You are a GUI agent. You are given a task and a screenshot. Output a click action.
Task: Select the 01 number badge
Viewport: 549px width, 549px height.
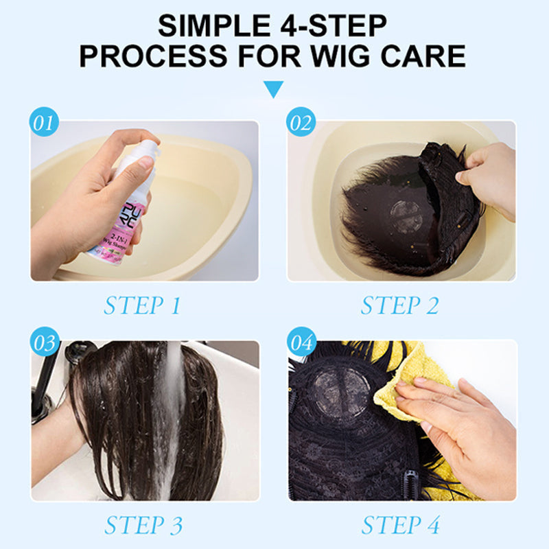[x=44, y=123]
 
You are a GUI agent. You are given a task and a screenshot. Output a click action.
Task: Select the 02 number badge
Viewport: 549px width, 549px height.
[x=301, y=123]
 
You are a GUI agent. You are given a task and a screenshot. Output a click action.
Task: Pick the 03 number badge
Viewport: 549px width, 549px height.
[x=44, y=342]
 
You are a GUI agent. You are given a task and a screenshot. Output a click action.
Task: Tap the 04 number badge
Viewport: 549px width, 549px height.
[x=301, y=342]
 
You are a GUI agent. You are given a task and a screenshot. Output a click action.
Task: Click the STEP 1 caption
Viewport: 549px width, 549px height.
[x=142, y=305]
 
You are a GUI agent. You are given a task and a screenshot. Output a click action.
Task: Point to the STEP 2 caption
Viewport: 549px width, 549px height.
[x=399, y=305]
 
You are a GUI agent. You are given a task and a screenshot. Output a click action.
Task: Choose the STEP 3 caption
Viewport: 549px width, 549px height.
[x=142, y=525]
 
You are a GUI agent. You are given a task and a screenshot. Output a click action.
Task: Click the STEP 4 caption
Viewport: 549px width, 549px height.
[x=399, y=525]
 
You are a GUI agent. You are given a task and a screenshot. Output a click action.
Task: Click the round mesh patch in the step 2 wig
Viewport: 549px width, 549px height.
[x=407, y=217]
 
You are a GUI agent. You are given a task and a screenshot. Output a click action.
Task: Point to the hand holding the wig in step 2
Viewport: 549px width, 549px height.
[x=489, y=178]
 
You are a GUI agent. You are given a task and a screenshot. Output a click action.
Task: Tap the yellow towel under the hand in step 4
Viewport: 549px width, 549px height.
[x=412, y=374]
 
